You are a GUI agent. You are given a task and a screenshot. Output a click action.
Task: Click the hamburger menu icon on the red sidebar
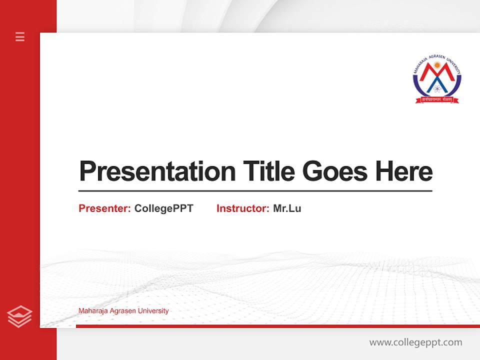point(20,36)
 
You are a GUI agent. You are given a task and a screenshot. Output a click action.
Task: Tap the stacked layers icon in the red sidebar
point(19,316)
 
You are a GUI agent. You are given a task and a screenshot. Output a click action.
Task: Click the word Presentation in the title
point(157,171)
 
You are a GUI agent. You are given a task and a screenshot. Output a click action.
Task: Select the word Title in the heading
point(268,171)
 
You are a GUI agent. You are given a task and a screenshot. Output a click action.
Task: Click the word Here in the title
point(404,171)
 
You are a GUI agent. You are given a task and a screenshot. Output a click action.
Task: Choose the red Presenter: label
point(104,208)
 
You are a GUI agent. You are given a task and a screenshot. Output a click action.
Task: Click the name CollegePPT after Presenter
point(163,208)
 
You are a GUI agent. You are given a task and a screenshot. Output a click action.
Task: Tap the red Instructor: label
point(242,208)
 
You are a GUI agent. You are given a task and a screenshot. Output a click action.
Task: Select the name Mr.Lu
point(287,208)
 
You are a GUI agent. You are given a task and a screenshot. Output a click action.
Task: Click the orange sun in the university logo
point(437,65)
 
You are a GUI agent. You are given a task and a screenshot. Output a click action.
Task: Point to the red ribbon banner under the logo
point(437,99)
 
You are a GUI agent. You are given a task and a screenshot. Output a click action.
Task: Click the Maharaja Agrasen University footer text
point(123,311)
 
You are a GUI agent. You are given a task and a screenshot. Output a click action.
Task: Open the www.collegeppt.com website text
point(415,342)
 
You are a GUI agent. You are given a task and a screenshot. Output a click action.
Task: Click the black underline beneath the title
point(255,191)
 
